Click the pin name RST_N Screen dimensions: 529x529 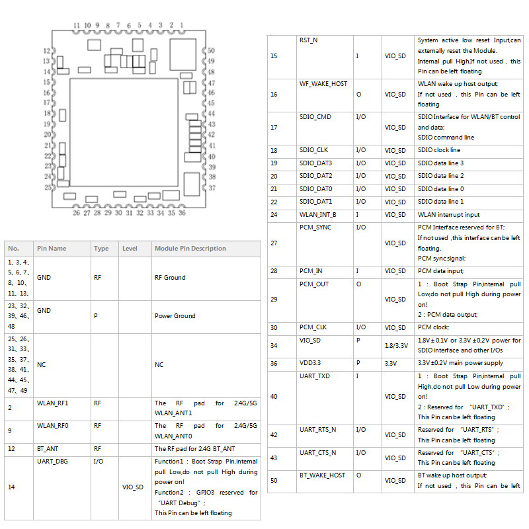point(308,40)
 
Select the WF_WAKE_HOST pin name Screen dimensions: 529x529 point(323,84)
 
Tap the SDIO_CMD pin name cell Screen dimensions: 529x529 point(315,117)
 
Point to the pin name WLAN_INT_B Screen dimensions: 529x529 point(317,215)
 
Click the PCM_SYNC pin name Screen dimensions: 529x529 point(315,227)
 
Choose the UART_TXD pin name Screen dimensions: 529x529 point(315,376)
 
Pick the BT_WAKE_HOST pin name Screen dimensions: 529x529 point(322,475)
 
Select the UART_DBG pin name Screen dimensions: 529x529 point(52,461)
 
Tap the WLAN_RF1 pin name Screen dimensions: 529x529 point(53,403)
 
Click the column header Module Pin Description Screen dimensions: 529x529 point(190,249)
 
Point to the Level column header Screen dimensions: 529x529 point(130,249)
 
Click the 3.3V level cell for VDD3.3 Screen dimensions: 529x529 point(390,363)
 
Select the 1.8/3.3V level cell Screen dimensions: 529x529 point(395,345)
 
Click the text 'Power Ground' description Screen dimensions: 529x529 point(175,316)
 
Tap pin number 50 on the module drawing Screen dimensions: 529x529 point(211,50)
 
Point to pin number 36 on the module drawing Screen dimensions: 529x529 point(182,213)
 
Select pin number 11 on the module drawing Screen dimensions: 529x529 point(77,25)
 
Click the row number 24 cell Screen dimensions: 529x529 point(274,215)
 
